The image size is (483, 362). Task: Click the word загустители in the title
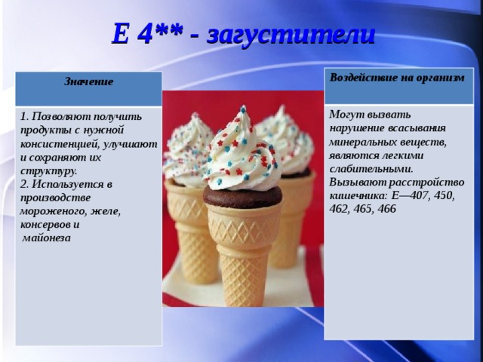[290, 34]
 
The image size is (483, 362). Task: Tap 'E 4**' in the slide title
[147, 34]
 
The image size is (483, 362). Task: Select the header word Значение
[88, 81]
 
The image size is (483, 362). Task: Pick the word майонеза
[48, 238]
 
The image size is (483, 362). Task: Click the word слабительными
[371, 168]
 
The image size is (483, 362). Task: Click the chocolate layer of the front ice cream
[242, 196]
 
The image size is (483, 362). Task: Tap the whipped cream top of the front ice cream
[241, 151]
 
